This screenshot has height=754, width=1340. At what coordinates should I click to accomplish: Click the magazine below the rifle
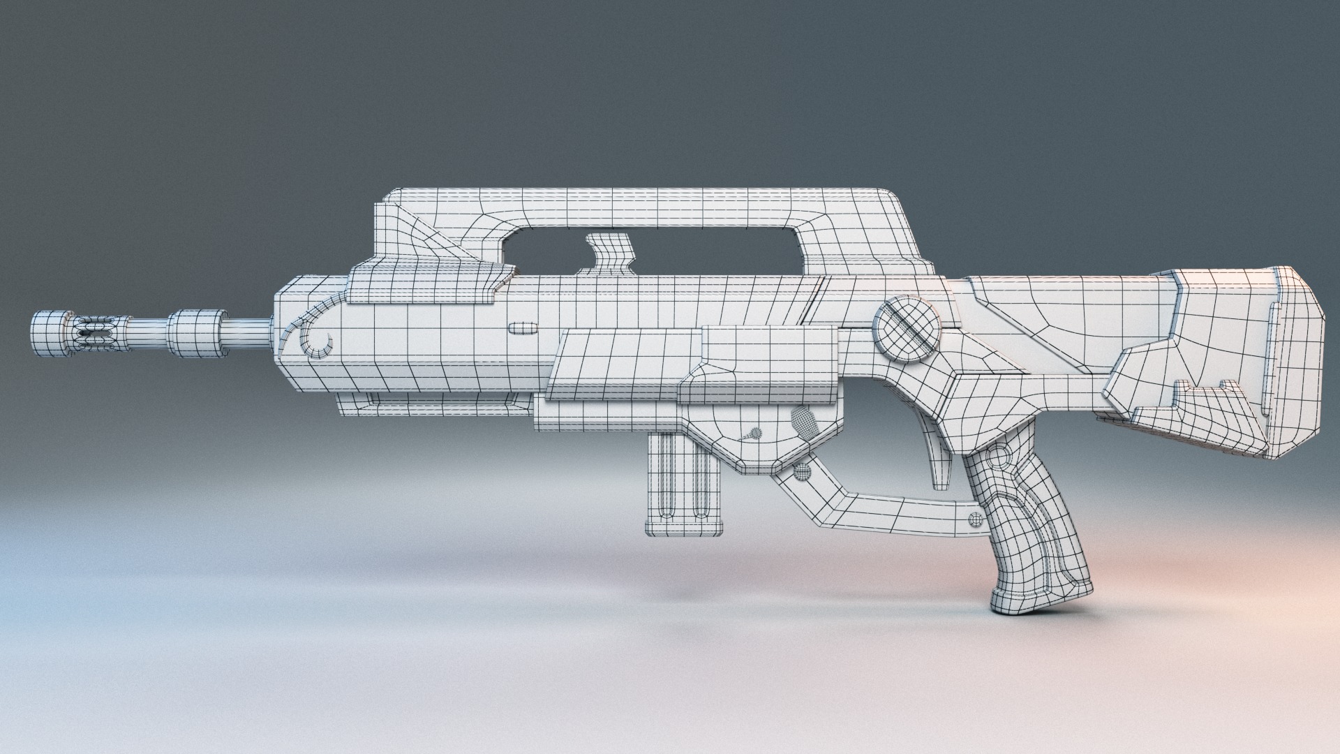684,482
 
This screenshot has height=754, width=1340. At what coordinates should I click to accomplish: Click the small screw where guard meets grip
975,517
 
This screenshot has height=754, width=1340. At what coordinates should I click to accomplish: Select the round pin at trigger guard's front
803,473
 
